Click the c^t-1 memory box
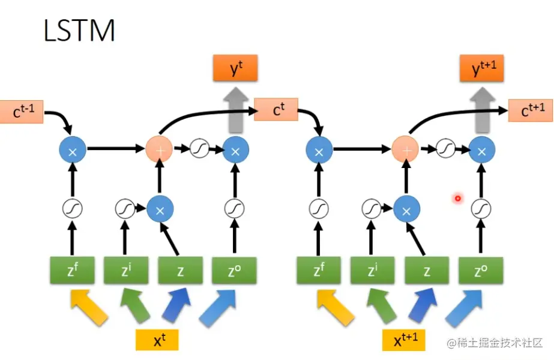(22, 112)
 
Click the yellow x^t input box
(158, 340)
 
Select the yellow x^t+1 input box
(404, 340)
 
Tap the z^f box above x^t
(72, 271)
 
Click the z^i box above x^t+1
(373, 271)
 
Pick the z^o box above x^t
(233, 271)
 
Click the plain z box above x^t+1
(427, 271)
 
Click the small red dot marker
(457, 198)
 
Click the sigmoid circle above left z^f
(72, 208)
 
